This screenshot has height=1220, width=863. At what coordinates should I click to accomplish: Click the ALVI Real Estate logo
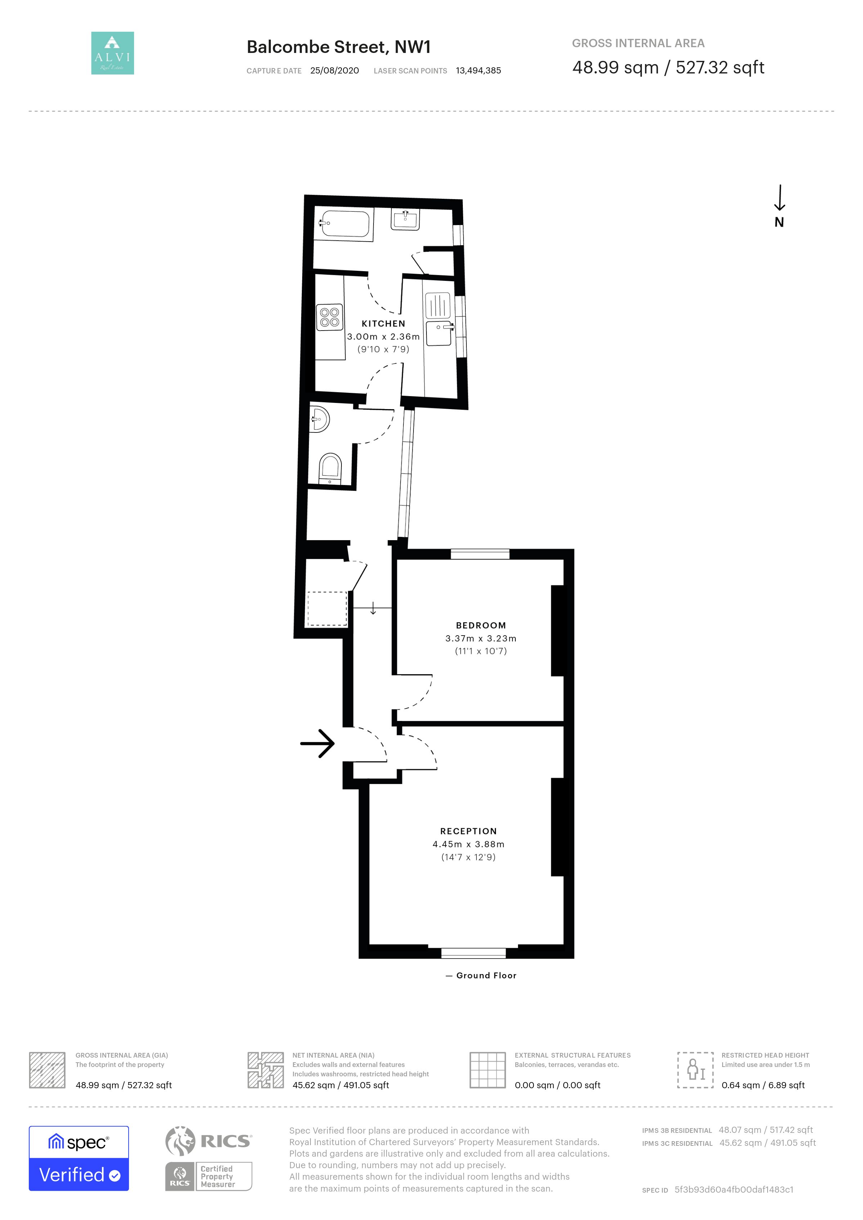pyautogui.click(x=113, y=53)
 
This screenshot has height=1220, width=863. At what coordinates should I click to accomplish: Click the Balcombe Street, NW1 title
pyautogui.click(x=339, y=47)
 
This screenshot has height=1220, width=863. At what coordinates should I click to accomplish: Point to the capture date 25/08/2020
pyautogui.click(x=334, y=71)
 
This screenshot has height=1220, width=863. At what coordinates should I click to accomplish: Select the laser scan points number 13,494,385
pyautogui.click(x=478, y=71)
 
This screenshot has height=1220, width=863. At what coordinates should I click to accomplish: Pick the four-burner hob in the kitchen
pyautogui.click(x=330, y=317)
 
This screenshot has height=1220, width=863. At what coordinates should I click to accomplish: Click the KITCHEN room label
pyautogui.click(x=383, y=324)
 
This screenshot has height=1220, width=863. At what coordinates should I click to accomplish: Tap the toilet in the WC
pyautogui.click(x=330, y=468)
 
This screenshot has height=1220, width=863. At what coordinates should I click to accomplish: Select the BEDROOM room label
pyautogui.click(x=481, y=625)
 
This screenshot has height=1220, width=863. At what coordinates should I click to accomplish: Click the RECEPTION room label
pyautogui.click(x=468, y=831)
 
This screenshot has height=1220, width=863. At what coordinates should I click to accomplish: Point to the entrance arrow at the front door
pyautogui.click(x=317, y=743)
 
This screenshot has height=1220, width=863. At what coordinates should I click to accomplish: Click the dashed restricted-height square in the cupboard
pyautogui.click(x=327, y=609)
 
